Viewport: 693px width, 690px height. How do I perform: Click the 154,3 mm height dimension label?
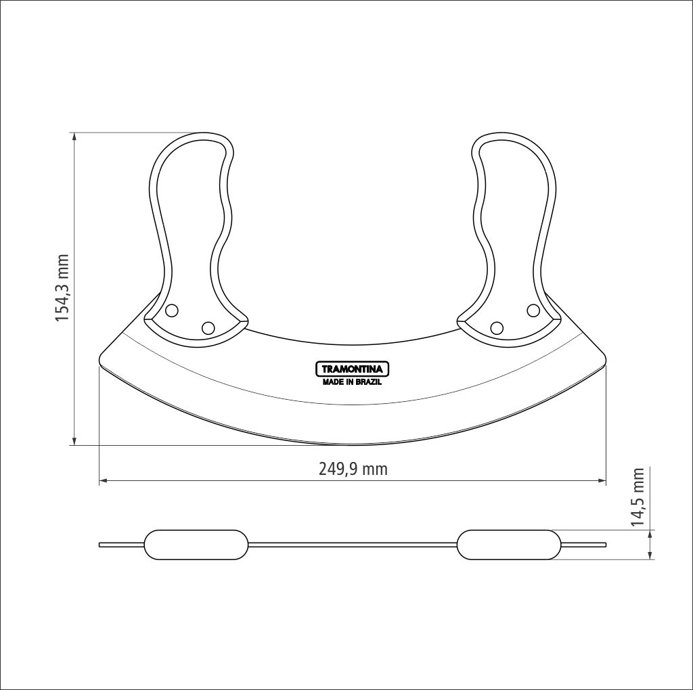[x=62, y=288]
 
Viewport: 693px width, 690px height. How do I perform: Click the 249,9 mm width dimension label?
[x=353, y=469]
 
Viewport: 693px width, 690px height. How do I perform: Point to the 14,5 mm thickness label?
[x=637, y=497]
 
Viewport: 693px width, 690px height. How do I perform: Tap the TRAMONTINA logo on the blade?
[x=352, y=369]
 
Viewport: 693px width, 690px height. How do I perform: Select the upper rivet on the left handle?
[x=171, y=310]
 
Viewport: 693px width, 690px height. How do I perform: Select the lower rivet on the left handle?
[x=208, y=328]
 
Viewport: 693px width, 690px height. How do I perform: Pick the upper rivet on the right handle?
[x=533, y=310]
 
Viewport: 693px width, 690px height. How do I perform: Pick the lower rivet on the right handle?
[x=497, y=328]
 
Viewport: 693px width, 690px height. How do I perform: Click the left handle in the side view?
[x=196, y=545]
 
